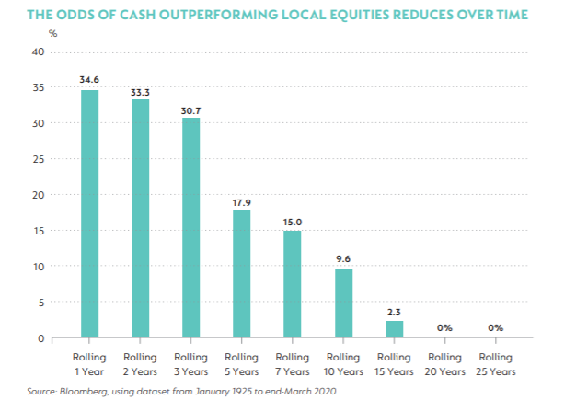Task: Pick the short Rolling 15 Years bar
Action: [x=394, y=329]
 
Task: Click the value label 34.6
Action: [x=89, y=81]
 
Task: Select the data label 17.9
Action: [x=240, y=200]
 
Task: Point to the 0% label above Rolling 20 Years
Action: [x=444, y=327]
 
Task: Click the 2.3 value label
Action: [x=394, y=312]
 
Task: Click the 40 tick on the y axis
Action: [x=39, y=51]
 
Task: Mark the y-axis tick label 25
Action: [x=39, y=159]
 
